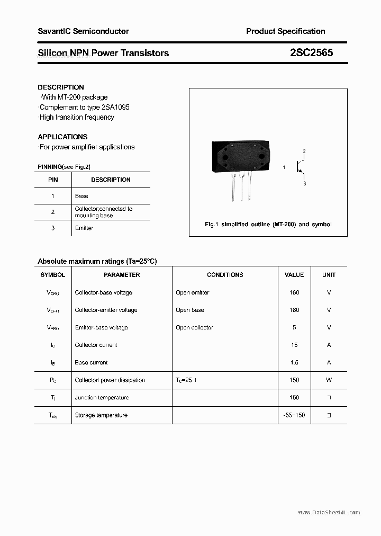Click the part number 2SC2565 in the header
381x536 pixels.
tap(311, 53)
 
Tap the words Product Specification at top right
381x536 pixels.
tap(285, 31)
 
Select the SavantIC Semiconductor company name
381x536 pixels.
tap(83, 31)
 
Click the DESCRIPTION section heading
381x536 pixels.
tap(61, 87)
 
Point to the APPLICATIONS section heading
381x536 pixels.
tap(62, 137)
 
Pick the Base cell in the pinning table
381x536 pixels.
tap(81, 196)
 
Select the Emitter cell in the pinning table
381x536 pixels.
tap(84, 228)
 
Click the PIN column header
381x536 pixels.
tap(53, 180)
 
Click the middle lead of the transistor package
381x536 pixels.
tap(241, 187)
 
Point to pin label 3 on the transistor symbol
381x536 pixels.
tap(304, 183)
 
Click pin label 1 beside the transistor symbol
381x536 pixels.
tap(284, 167)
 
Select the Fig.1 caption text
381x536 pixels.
tap(268, 225)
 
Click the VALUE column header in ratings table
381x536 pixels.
tap(294, 275)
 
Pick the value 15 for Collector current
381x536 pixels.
tap(294, 345)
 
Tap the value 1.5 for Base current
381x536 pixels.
tap(294, 362)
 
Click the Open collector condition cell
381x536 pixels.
tap(194, 327)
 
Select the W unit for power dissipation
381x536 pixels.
tap(329, 380)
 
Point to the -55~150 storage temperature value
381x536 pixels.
tap(294, 415)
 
